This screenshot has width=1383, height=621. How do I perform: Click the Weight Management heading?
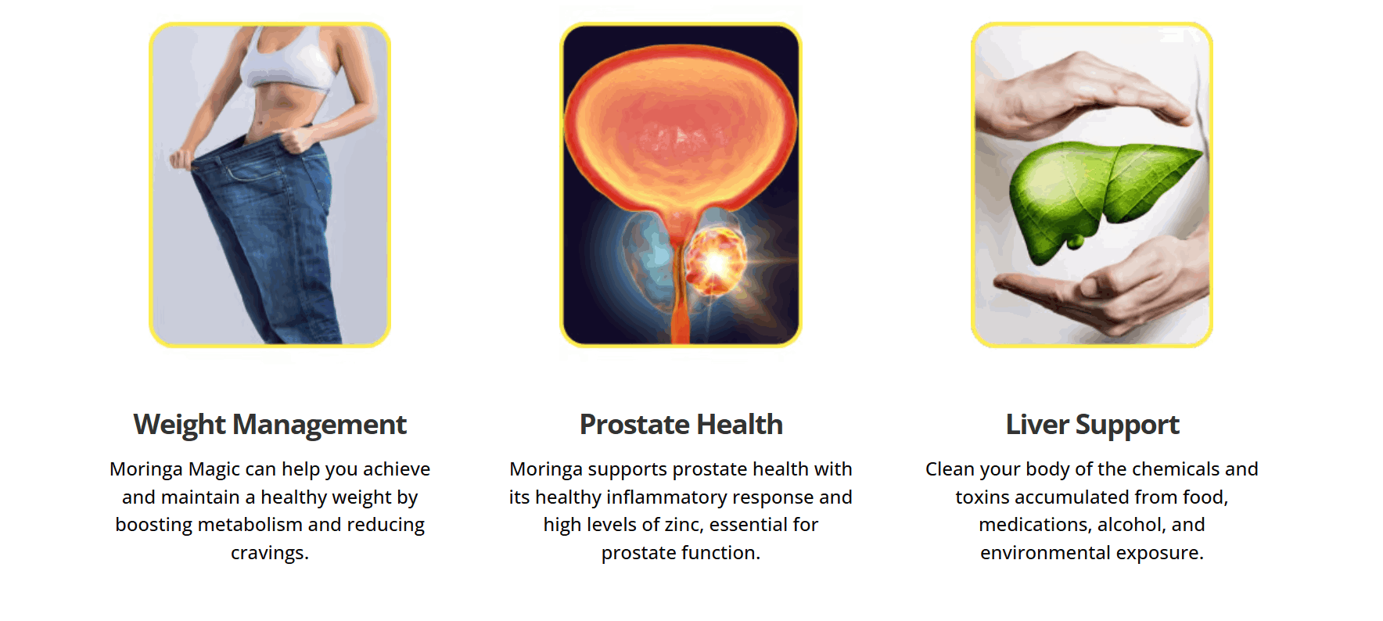pyautogui.click(x=270, y=425)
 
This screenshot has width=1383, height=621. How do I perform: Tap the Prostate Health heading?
pyautogui.click(x=681, y=425)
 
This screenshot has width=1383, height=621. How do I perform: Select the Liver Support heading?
pyautogui.click(x=1092, y=425)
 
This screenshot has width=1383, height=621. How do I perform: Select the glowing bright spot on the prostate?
pyautogui.click(x=716, y=262)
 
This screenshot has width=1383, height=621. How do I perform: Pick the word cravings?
pyautogui.click(x=269, y=553)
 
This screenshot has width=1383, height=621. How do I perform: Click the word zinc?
pyautogui.click(x=684, y=525)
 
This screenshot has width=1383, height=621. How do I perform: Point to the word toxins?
pyautogui.click(x=983, y=497)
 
